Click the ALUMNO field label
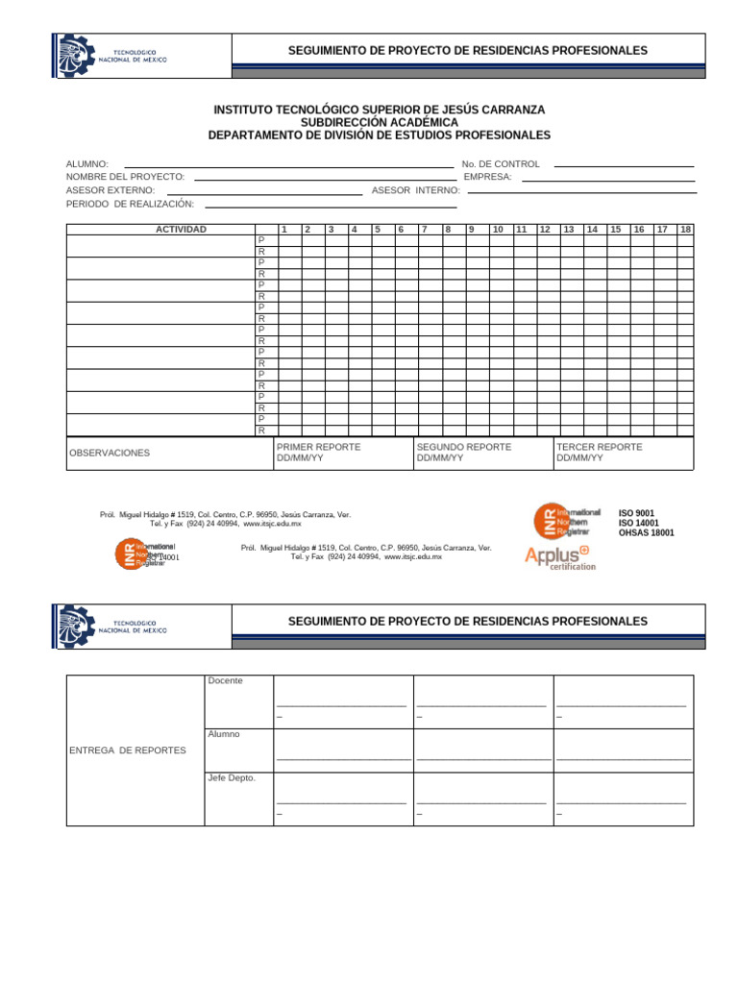point(86,164)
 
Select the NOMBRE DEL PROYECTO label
point(125,178)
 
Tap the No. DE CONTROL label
point(501,164)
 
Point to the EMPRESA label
point(487,178)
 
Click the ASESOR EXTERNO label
point(110,190)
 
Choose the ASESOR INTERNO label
point(416,190)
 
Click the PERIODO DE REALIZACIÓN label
point(130,204)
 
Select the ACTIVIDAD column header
point(181,230)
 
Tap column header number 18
point(685,230)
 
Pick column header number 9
point(471,230)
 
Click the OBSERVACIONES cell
point(110,453)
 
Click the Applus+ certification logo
point(560,556)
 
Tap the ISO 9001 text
point(636,514)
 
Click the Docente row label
point(225,681)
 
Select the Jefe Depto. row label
point(232,777)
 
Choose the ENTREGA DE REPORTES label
point(128,750)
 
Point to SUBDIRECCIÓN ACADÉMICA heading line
point(379,123)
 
